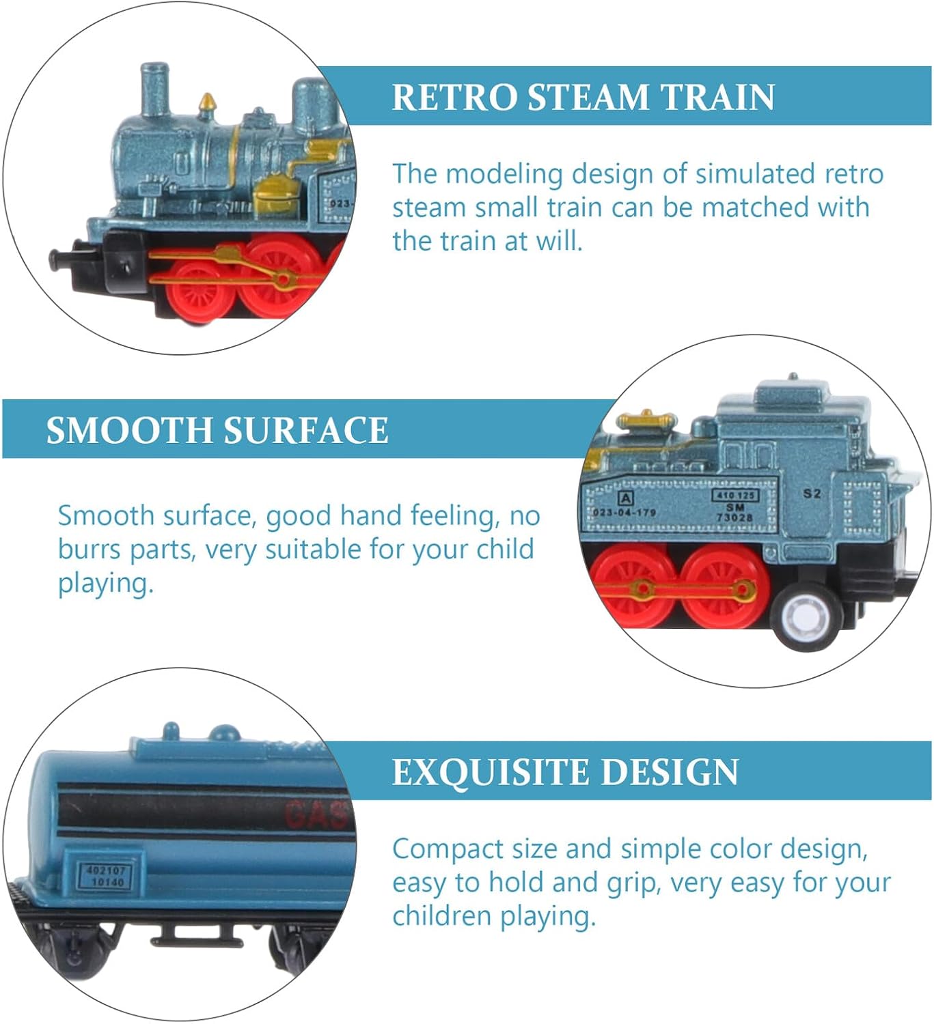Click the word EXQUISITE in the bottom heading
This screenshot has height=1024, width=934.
(489, 772)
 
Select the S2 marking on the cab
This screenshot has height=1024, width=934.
(812, 493)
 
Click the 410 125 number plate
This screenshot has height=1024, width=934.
(735, 495)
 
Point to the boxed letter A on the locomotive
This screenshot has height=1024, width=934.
(624, 498)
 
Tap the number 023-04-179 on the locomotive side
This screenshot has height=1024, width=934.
(624, 512)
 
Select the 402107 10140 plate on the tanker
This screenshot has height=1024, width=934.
(107, 877)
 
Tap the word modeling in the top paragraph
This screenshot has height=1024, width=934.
(504, 174)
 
